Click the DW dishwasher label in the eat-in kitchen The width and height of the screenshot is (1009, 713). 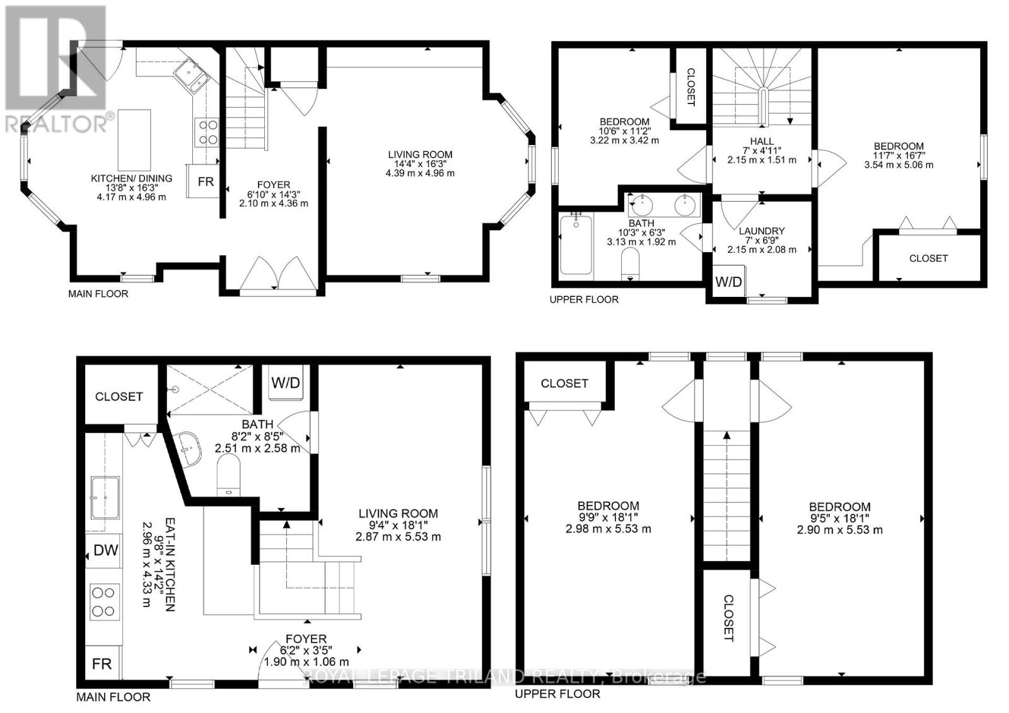105,550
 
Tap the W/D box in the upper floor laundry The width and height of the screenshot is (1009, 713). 728,282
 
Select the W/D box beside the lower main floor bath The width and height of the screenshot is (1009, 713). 286,383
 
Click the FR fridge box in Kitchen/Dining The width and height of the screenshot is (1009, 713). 206,182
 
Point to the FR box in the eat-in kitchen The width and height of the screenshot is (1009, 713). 102,664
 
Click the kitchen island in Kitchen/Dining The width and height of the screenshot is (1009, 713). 134,138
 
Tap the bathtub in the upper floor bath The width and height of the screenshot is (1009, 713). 576,244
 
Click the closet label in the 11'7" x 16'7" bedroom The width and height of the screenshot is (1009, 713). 928,258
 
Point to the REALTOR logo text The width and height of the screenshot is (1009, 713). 57,123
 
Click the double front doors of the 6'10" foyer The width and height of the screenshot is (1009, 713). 279,276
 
